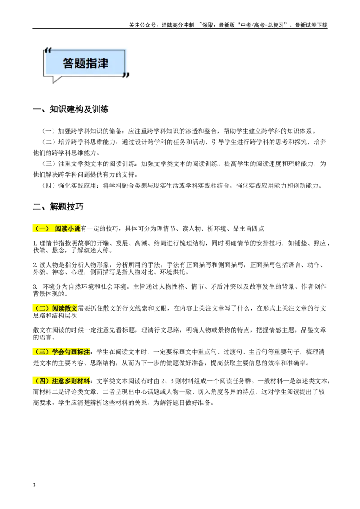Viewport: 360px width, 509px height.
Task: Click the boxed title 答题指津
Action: click(x=85, y=63)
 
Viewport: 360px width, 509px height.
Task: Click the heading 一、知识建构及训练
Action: click(x=71, y=109)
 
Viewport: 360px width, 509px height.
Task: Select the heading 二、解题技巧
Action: click(x=58, y=206)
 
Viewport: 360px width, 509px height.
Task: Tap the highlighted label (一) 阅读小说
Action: click(x=57, y=228)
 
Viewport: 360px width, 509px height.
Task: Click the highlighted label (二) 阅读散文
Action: click(x=55, y=308)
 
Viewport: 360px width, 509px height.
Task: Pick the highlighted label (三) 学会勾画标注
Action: click(x=61, y=352)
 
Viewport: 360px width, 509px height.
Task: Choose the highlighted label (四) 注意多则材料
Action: click(x=61, y=381)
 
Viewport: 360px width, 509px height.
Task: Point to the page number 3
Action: click(x=34, y=485)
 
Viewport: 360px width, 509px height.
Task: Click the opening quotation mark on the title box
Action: click(x=48, y=50)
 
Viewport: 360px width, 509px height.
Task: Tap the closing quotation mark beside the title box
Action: click(x=126, y=75)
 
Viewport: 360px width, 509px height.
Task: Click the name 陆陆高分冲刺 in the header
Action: click(x=178, y=25)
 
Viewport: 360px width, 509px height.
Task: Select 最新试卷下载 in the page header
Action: click(x=311, y=25)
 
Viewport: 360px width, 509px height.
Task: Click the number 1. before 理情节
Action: click(x=36, y=243)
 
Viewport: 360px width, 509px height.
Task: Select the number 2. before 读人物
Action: click(x=36, y=265)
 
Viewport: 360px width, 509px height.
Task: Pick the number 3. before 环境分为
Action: click(x=36, y=286)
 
